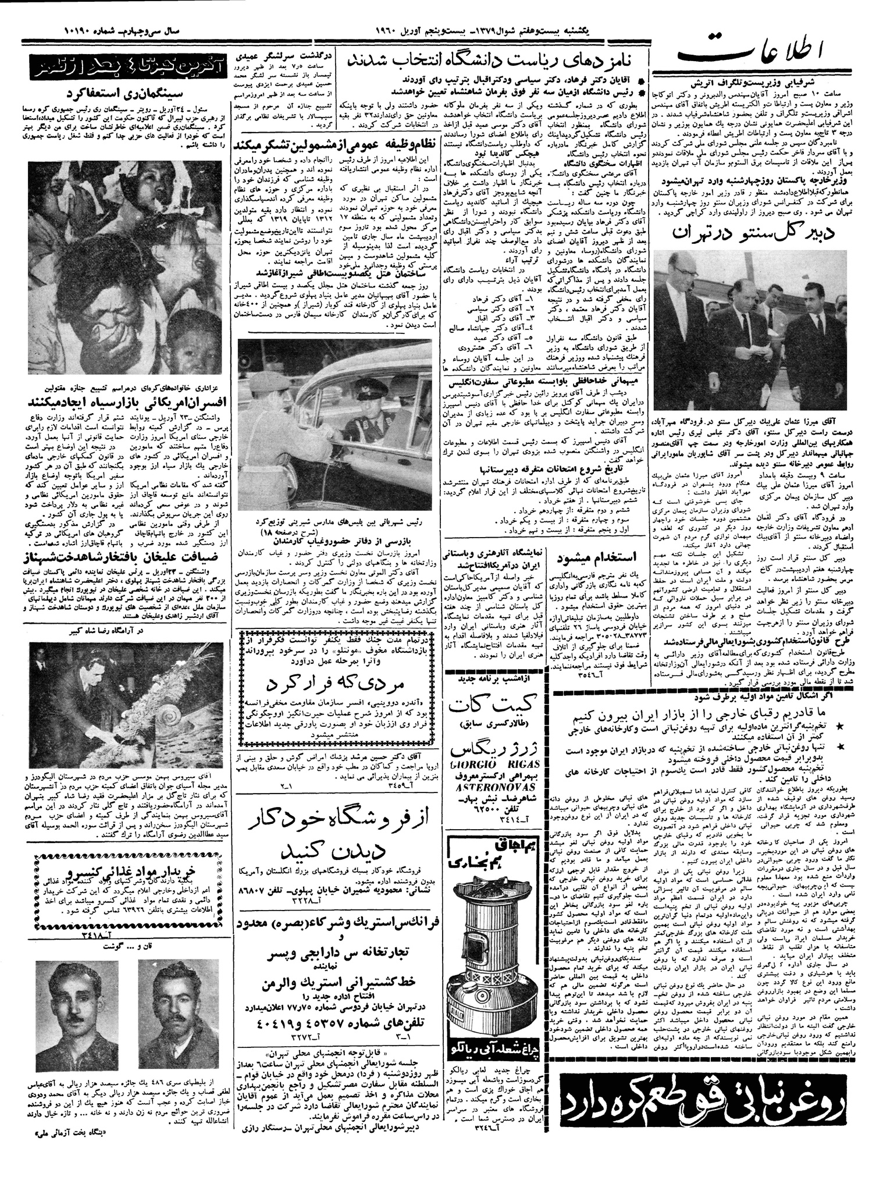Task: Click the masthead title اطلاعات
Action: pyautogui.click(x=757, y=56)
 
